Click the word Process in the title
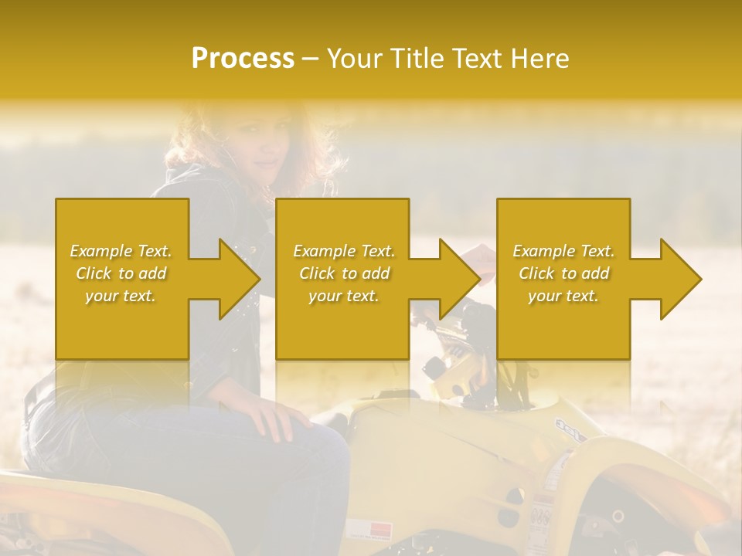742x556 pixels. [243, 59]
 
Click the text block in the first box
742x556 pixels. [121, 273]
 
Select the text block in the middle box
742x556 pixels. [343, 273]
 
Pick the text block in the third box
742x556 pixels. [563, 273]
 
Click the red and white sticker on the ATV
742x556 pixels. [369, 530]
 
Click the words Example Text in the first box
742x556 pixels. [121, 251]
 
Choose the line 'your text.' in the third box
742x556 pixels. [563, 296]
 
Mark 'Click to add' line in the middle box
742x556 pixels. [343, 273]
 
